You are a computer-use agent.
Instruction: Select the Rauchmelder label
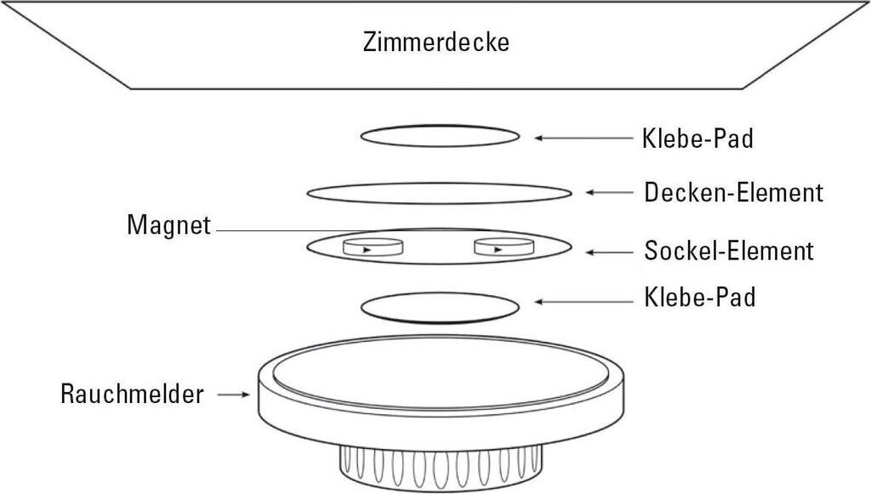(132, 395)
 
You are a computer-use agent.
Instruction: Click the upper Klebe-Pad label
(697, 138)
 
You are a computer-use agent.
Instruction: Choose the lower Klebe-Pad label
(697, 298)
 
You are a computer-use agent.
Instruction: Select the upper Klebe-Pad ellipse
(440, 136)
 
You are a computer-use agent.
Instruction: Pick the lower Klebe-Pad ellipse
(440, 308)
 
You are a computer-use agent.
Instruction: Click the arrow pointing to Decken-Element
(608, 194)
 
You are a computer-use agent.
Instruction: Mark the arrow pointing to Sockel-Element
(608, 253)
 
